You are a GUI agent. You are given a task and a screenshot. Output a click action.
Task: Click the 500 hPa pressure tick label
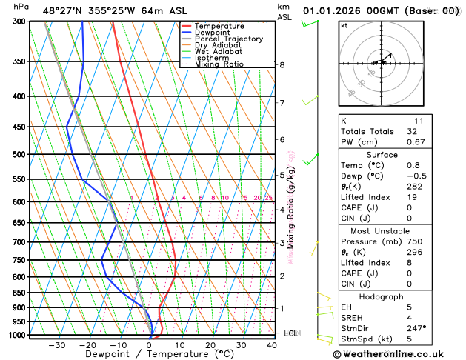tap(21, 154)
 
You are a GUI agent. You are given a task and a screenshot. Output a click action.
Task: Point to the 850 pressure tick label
tap(21, 293)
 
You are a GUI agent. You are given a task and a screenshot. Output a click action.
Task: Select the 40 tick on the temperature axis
tap(272, 345)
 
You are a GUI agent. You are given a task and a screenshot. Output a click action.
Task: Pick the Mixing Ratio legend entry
tap(219, 64)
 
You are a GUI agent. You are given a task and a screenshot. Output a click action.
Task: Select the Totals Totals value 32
tap(412, 131)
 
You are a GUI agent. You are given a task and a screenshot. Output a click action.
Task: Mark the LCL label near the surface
tap(290, 334)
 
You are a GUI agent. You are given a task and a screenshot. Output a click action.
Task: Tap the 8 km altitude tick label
tap(282, 65)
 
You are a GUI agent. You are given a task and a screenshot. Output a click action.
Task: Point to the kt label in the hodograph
tap(344, 26)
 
